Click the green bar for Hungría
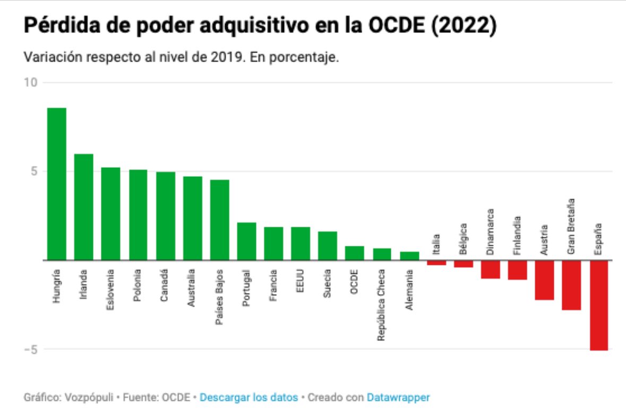(57, 184)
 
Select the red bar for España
(598, 305)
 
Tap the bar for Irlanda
(83, 207)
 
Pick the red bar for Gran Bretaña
(571, 285)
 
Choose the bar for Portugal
(246, 242)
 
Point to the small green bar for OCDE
(355, 253)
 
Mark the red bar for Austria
(544, 280)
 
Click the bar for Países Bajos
(219, 220)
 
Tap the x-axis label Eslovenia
(110, 290)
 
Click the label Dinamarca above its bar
(490, 233)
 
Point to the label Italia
(436, 244)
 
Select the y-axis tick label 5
(33, 171)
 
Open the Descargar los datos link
(248, 397)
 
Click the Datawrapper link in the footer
(398, 397)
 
